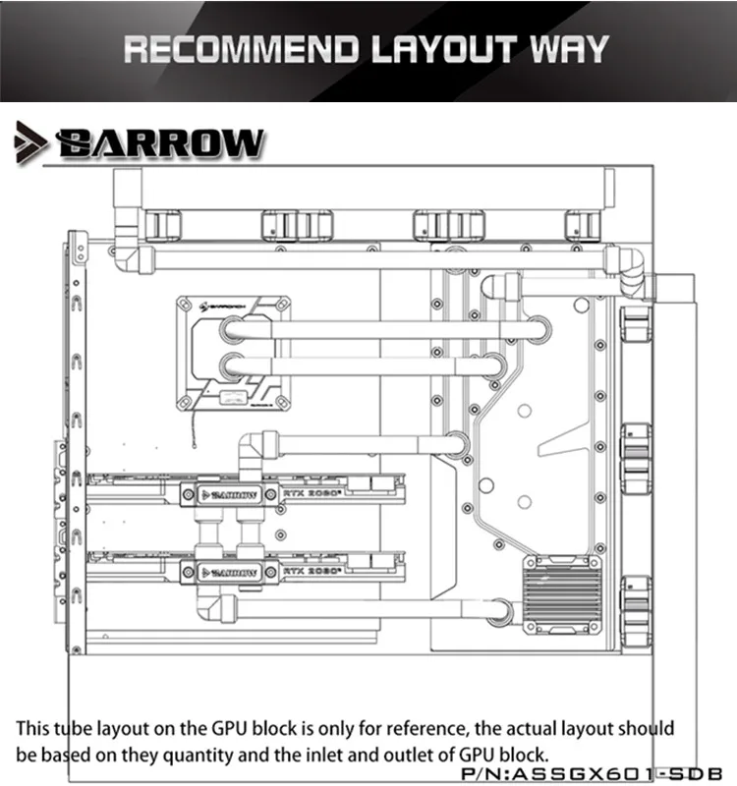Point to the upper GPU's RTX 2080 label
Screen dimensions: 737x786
(x=311, y=487)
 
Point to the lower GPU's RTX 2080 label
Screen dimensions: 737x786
(x=311, y=569)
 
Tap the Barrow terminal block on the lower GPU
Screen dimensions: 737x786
(x=228, y=571)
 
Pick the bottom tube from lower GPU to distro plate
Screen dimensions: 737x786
(x=364, y=609)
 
